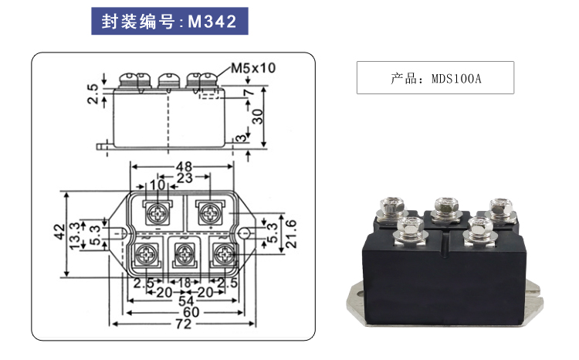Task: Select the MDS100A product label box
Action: pos(435,77)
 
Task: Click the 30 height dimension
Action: pos(258,115)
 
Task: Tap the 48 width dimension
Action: pos(184,166)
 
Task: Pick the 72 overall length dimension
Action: pos(183,324)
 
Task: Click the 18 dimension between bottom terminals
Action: pos(184,284)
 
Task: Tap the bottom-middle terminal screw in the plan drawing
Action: pos(184,253)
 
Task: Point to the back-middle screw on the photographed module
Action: pos(442,205)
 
